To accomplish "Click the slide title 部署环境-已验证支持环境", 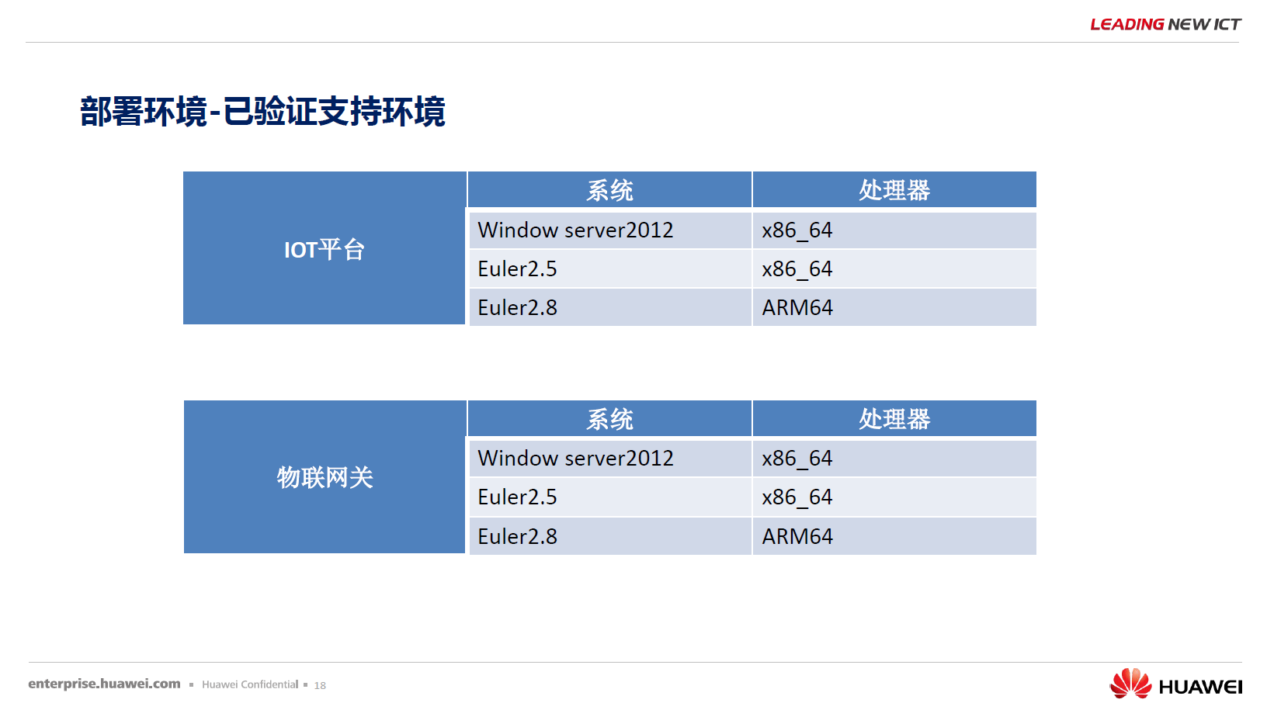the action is click(x=262, y=112).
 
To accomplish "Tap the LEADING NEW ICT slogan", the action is click(x=1165, y=25).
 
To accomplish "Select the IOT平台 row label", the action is click(x=325, y=250).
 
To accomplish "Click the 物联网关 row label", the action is click(x=325, y=477).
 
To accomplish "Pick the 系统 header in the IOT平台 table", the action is click(x=609, y=190).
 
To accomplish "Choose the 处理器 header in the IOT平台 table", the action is click(x=894, y=190).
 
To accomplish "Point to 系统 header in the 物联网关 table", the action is click(x=609, y=419).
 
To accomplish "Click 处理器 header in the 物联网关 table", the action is click(x=894, y=419).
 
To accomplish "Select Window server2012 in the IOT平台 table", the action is click(x=575, y=230).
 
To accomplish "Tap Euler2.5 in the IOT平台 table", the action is click(x=517, y=269).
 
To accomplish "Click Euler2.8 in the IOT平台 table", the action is click(x=517, y=307).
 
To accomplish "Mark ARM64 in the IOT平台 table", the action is click(x=797, y=307).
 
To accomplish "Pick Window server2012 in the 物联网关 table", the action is click(x=575, y=458).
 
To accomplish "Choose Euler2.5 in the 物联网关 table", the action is click(x=517, y=497).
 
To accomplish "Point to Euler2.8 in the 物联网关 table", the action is click(x=517, y=537).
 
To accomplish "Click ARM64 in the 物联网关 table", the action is click(x=797, y=537).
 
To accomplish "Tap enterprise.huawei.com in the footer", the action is click(x=104, y=684).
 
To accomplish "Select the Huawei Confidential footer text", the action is click(x=250, y=684).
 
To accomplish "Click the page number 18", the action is click(x=320, y=685).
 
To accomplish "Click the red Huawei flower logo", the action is click(x=1130, y=683).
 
